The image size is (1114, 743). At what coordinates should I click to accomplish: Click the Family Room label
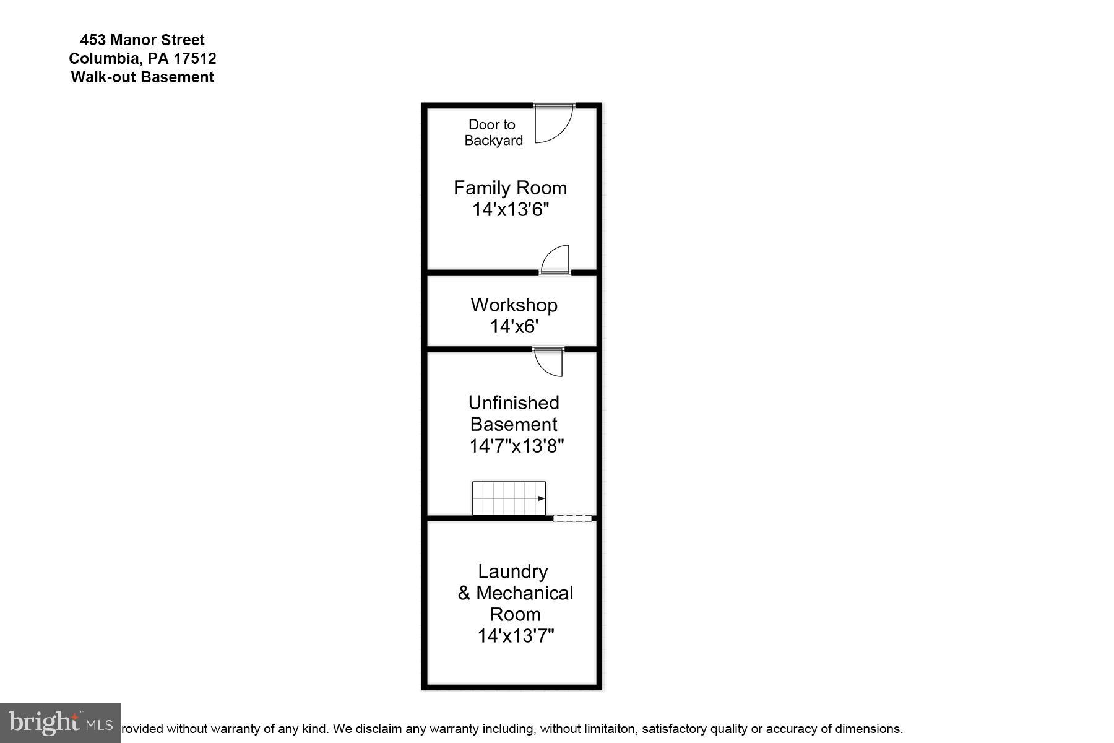510,188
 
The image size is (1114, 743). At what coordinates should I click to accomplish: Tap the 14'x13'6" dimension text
511,209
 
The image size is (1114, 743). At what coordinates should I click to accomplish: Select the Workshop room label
514,305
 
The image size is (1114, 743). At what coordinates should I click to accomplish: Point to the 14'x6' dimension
514,326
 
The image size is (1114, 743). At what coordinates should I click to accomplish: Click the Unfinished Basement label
514,413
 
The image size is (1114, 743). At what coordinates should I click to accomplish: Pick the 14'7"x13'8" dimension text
516,446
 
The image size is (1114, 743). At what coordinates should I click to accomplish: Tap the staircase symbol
509,498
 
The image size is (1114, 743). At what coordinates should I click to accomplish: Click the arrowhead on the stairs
542,498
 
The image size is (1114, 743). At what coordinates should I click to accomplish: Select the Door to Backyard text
493,133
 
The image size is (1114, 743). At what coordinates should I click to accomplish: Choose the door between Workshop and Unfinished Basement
549,362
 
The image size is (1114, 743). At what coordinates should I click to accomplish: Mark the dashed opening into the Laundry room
572,518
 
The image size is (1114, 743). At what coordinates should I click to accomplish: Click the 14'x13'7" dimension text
516,636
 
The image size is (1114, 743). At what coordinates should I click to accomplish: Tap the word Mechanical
524,593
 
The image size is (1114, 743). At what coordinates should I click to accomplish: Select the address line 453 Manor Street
142,40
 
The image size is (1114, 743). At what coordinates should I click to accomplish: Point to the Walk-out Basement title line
142,77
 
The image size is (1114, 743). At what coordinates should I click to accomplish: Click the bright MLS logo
60,723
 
